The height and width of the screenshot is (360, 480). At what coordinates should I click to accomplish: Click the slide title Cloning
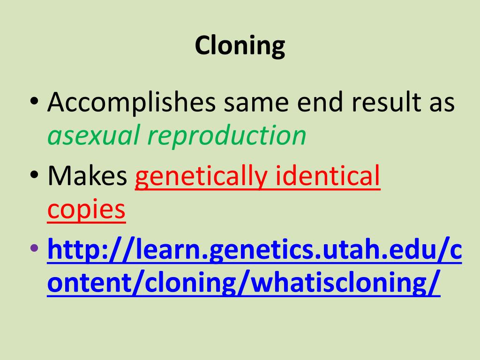(240, 46)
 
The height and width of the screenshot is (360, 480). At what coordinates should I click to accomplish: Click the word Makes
(87, 177)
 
